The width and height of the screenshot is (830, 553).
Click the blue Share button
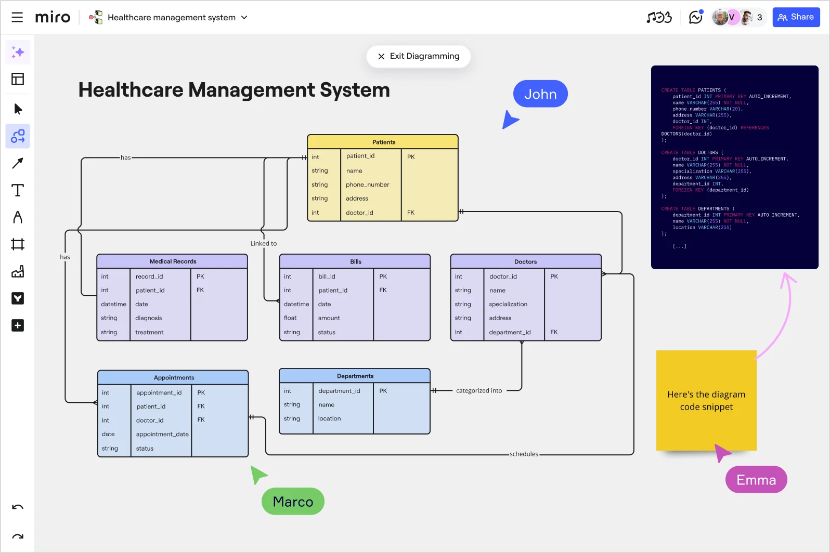coord(796,17)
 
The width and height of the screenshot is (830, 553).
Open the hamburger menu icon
coord(17,17)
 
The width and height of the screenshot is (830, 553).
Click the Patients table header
coord(383,142)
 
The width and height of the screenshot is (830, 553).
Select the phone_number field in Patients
coord(367,185)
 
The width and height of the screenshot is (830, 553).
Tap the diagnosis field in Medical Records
coord(148,318)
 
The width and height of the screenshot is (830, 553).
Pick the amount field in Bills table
coord(329,318)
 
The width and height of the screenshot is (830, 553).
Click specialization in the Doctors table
coord(508,304)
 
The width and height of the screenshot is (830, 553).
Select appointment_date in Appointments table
coord(162,434)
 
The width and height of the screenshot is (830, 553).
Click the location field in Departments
coord(329,418)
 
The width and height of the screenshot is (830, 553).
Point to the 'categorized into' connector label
coord(478,391)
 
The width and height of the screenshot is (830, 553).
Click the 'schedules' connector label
coord(524,454)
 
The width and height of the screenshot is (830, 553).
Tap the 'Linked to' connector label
coord(263,244)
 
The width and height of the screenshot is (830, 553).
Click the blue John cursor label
coord(540,94)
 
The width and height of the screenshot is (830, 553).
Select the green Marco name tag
coord(293,502)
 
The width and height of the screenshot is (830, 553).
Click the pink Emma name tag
coord(756,480)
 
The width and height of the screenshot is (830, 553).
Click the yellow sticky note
coord(706,401)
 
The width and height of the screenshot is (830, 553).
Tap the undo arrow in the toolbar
coord(18,507)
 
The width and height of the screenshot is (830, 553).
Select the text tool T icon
coord(18,190)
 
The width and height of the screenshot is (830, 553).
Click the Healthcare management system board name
coord(171,17)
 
